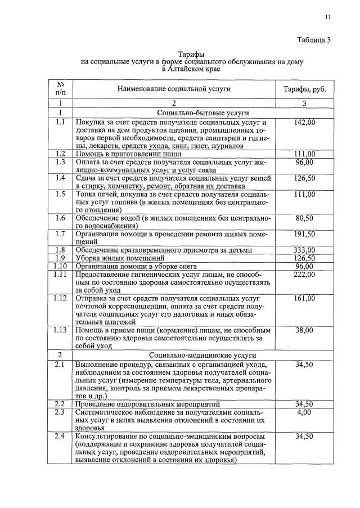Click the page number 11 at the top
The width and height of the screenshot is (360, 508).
click(327, 17)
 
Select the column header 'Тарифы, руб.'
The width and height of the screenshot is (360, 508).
click(304, 89)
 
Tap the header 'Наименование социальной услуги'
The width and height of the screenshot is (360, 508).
click(174, 89)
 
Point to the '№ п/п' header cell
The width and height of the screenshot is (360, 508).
click(60, 89)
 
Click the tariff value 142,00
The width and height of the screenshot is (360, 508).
click(304, 122)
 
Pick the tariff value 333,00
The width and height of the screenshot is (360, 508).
click(304, 250)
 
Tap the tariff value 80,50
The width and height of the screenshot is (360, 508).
click(304, 218)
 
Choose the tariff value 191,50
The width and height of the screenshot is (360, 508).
click(304, 233)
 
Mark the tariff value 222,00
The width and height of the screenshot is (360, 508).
click(304, 274)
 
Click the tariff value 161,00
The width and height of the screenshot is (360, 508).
click(304, 298)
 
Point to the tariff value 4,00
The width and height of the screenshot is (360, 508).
click(304, 412)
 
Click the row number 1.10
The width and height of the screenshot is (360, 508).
click(60, 266)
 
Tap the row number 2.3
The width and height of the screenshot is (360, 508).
click(60, 412)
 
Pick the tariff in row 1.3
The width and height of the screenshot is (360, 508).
click(304, 162)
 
